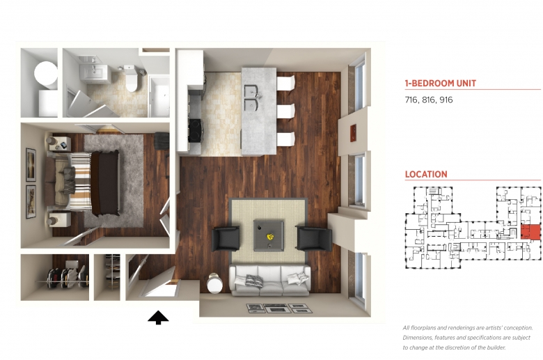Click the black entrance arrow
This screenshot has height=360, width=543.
(x=158, y=318)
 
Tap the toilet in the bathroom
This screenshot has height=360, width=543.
(x=132, y=79)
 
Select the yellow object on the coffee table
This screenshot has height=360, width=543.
(x=270, y=237)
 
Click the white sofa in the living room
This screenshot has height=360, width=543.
(x=270, y=281)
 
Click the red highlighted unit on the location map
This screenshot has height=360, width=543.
(x=530, y=232)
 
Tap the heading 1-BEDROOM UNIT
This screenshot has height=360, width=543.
(x=441, y=84)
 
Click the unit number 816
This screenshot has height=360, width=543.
(x=428, y=100)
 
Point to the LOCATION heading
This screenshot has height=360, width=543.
(x=426, y=174)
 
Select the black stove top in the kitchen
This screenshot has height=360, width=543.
(x=195, y=130)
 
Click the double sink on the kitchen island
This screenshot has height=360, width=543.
(x=252, y=97)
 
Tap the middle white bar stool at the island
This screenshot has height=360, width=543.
(x=285, y=111)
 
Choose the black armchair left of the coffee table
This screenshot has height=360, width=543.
(x=226, y=239)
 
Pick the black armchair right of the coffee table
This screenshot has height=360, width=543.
(x=314, y=238)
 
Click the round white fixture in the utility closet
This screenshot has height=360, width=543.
(x=46, y=74)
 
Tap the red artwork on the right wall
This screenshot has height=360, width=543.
(x=354, y=133)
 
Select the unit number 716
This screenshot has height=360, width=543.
(x=411, y=100)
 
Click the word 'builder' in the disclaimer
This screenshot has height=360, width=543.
(x=496, y=347)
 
